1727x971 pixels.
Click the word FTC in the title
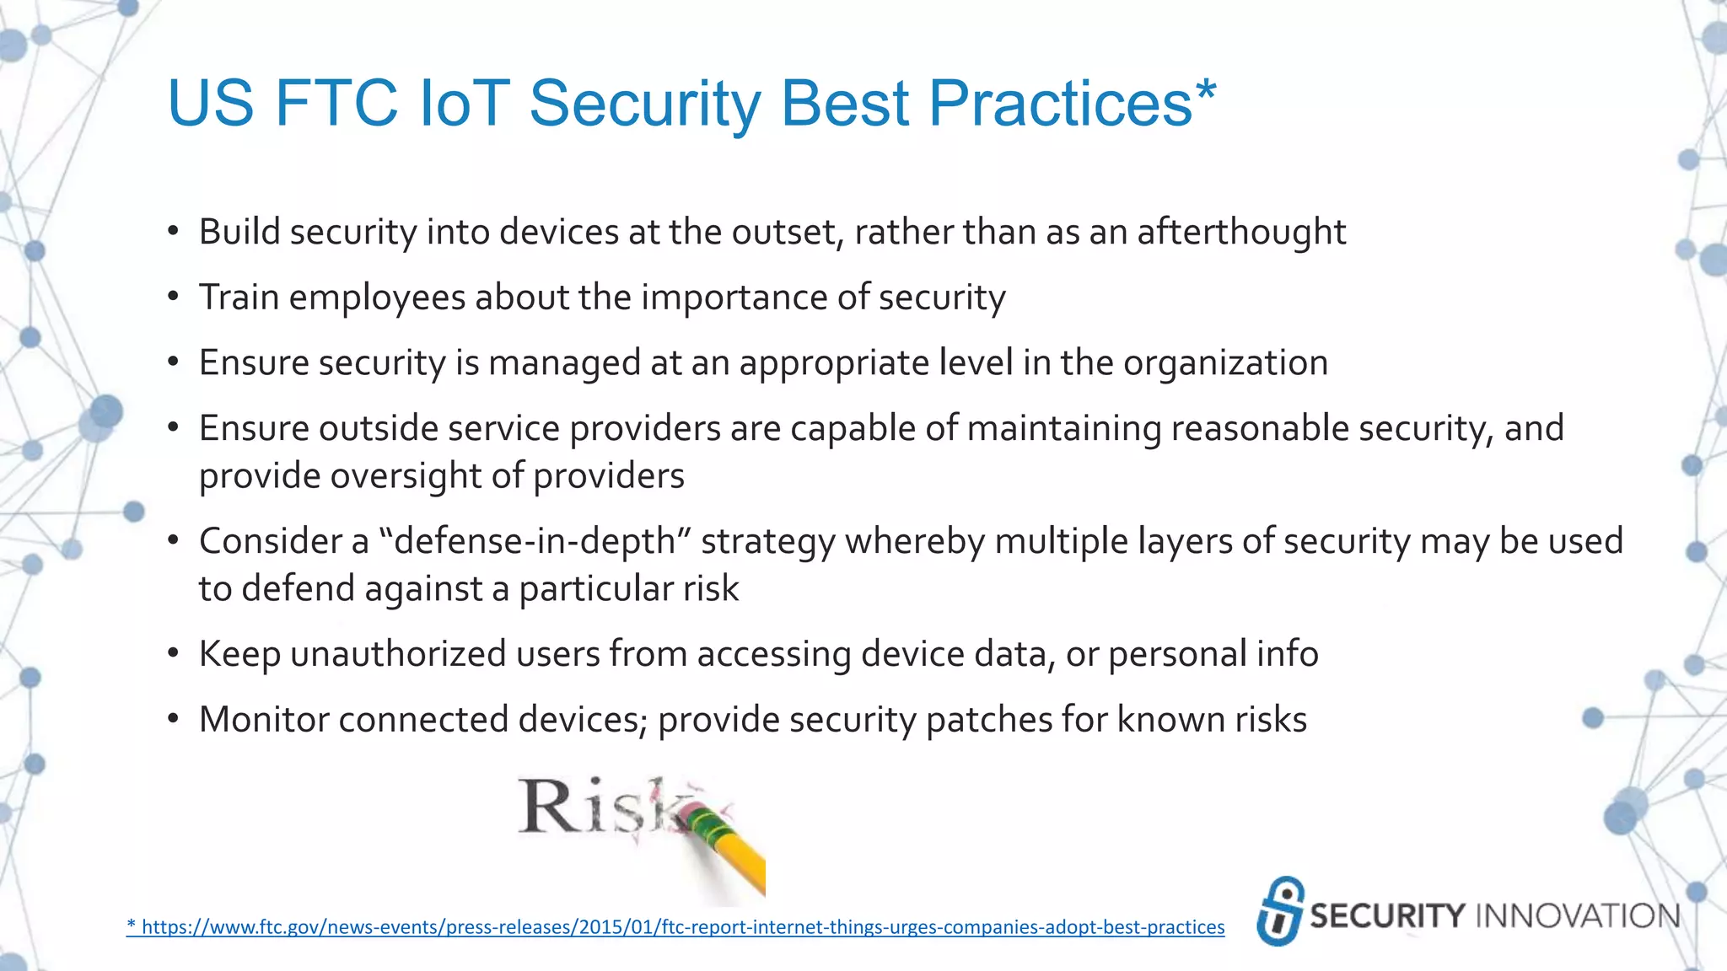(336, 104)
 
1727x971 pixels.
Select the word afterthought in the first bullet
(1241, 232)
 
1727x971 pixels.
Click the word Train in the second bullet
(239, 298)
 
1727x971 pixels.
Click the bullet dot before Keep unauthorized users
(173, 654)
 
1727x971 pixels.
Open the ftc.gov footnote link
(675, 927)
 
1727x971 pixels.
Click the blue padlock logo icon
(1280, 911)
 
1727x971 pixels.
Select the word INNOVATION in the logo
(1578, 916)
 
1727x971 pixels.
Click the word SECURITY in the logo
(1387, 916)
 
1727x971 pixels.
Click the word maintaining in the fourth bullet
(1063, 428)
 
